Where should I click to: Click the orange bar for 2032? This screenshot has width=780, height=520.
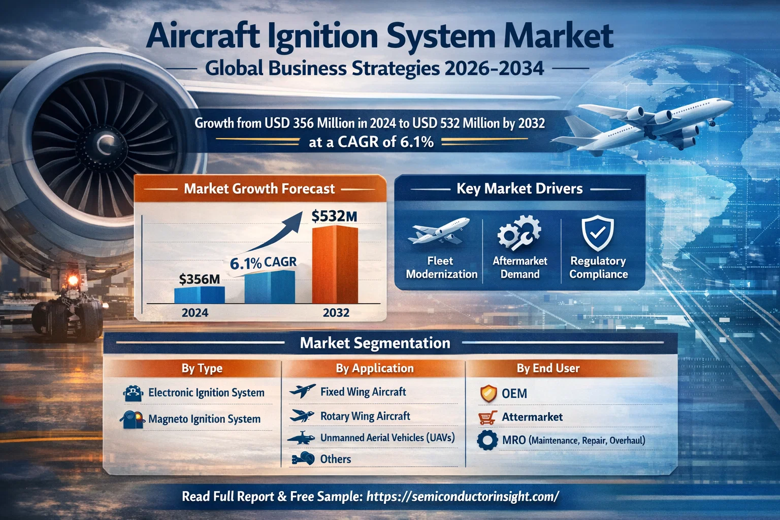[335, 265]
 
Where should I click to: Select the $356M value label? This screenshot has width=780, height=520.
[199, 279]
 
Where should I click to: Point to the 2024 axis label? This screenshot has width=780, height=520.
[195, 313]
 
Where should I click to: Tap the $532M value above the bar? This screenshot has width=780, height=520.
[334, 216]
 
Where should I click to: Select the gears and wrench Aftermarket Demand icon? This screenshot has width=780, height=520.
[519, 233]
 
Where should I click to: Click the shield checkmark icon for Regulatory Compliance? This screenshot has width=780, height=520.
[598, 233]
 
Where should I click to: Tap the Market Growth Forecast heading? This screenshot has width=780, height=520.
[259, 189]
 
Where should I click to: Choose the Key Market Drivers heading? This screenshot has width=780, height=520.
[519, 189]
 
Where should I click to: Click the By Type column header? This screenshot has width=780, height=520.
[202, 369]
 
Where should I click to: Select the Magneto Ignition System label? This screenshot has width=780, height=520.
[204, 419]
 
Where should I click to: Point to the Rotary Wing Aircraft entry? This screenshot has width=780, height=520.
[365, 416]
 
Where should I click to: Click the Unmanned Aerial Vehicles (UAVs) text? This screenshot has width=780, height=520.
[387, 438]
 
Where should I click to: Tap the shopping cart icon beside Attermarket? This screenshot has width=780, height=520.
[487, 417]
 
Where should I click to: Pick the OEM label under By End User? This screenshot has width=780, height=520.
[514, 394]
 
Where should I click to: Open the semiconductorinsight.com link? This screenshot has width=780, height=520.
[462, 497]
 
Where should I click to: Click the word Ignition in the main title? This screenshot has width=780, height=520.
[323, 37]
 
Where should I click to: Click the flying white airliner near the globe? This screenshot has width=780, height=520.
[655, 122]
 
